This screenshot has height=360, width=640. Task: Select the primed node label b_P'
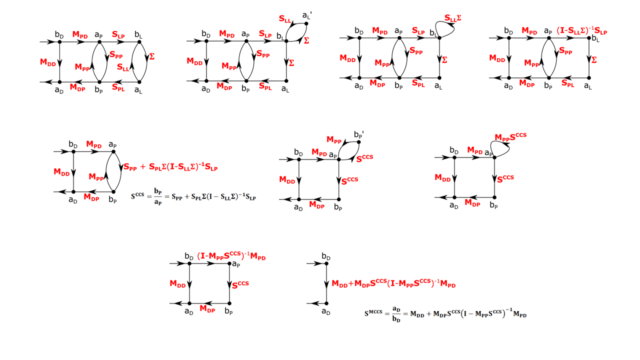[x=358, y=135]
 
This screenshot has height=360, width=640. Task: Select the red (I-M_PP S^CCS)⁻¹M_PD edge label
[x=231, y=256]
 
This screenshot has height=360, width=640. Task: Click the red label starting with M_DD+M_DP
[x=393, y=283]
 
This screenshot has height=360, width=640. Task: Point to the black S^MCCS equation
[x=445, y=314]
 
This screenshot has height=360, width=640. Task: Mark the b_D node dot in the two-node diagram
[x=326, y=263]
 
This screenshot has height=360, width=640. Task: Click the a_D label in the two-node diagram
[x=326, y=312]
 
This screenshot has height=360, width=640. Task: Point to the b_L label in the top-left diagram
[x=138, y=34]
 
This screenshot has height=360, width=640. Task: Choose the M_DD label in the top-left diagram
[x=48, y=62]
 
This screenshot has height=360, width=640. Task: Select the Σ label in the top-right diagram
[x=594, y=60]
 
